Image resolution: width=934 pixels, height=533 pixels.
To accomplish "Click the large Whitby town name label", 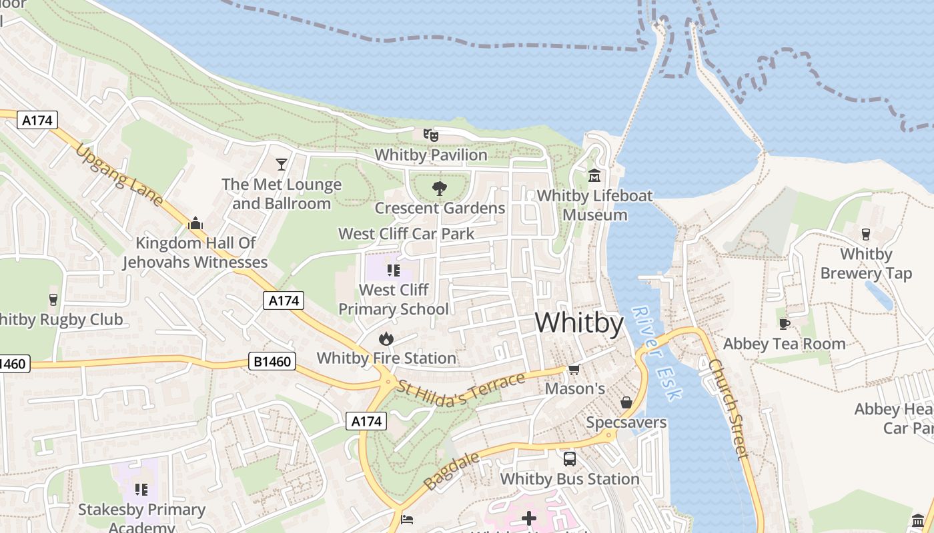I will tap(579, 323).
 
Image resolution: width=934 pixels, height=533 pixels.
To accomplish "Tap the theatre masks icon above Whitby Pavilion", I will tap(431, 135).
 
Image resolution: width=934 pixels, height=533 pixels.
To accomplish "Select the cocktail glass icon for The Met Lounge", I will tap(282, 164).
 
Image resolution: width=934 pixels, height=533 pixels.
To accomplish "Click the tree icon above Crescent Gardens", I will tap(439, 189).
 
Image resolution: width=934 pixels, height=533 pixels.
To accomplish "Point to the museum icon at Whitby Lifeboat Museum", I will tap(594, 176).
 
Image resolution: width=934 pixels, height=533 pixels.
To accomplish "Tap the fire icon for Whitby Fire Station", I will tap(386, 339).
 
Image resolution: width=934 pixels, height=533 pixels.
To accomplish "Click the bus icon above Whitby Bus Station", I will tap(570, 459).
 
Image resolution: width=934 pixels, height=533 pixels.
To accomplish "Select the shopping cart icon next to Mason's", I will tap(574, 369).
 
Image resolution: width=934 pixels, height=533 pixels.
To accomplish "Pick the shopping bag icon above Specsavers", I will tap(626, 402).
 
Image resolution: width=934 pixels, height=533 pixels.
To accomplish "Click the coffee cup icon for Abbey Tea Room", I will tap(785, 324).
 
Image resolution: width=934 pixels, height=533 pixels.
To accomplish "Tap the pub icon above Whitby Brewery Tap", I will tap(866, 235).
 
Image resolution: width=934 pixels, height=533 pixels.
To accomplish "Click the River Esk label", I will tap(656, 353).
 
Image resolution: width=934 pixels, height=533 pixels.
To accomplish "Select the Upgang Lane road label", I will tap(119, 174).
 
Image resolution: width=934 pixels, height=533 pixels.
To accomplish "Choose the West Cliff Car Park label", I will tap(406, 234).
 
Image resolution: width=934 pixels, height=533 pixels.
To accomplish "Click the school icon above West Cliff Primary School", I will tap(393, 270).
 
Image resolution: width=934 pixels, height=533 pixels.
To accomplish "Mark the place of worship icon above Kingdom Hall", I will tap(195, 223).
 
